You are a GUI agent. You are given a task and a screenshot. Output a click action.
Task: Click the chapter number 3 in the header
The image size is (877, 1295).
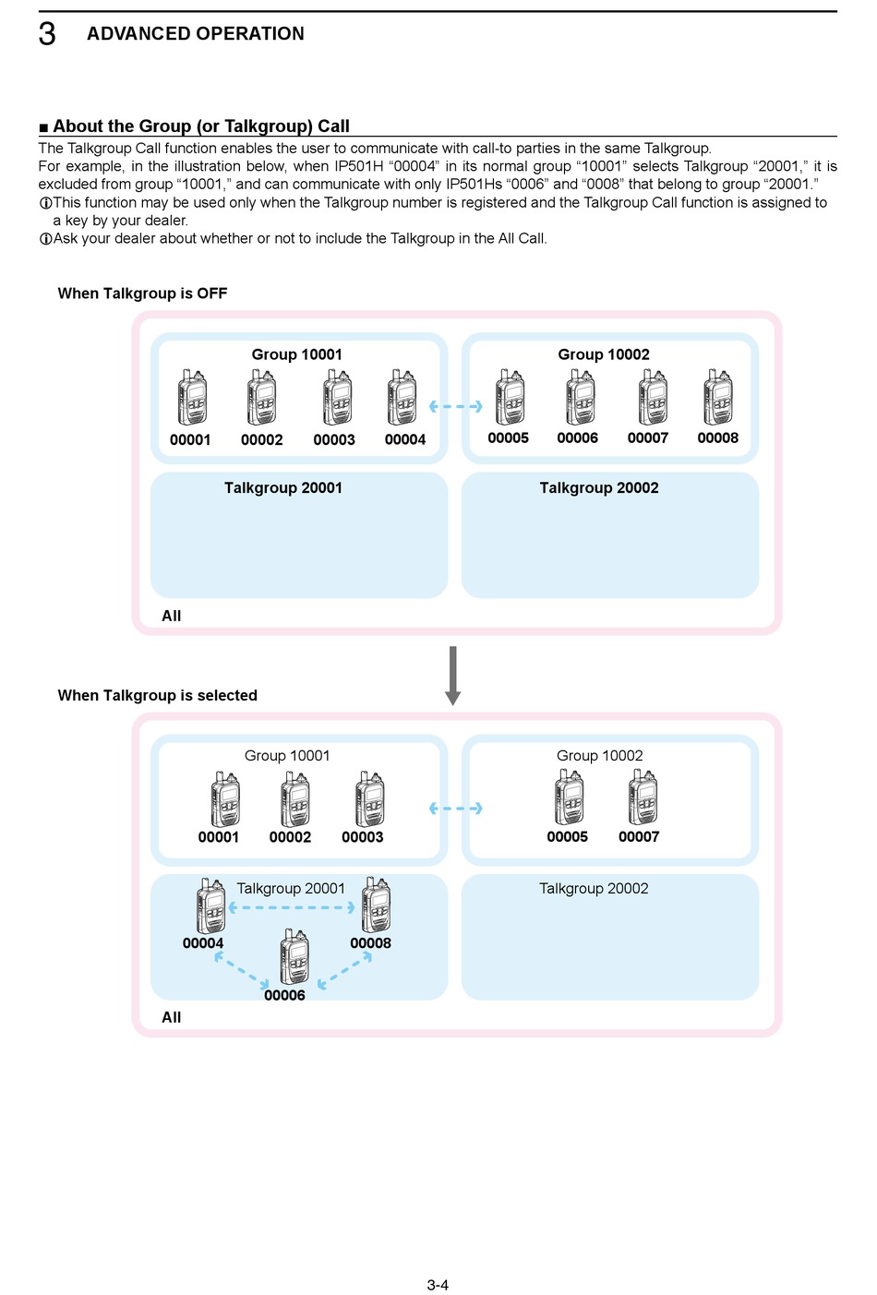pos(47,33)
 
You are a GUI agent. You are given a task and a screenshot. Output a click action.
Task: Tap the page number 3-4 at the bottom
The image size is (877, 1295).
pos(438,1285)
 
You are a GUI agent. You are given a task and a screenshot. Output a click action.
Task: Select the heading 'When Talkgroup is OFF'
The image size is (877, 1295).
pos(142,294)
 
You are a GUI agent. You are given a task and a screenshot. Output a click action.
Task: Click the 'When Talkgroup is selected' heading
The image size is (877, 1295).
pos(157,695)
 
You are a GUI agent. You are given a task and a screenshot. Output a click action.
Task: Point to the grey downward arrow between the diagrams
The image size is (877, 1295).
pos(452,676)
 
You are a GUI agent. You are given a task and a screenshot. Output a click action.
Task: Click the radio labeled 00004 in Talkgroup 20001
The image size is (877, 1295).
pos(211,905)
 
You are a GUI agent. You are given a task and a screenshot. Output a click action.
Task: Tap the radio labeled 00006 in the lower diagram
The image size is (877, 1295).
pos(294,957)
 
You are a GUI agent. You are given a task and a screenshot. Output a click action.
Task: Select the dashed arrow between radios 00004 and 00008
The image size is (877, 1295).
pos(292,907)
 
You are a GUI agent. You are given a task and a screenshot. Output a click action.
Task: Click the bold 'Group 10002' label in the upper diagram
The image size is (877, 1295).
pos(604,354)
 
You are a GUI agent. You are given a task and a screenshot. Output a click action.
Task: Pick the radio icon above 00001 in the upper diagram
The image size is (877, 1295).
pos(192,397)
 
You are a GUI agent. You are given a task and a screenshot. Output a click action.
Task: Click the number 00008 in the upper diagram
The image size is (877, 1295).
pos(717,438)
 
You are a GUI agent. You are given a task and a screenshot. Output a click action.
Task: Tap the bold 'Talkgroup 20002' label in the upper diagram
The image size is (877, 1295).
pos(599,488)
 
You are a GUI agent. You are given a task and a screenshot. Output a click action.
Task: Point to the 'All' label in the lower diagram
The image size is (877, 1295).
pos(171,1017)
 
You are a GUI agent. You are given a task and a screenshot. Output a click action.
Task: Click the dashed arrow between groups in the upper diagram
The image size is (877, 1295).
pos(455,406)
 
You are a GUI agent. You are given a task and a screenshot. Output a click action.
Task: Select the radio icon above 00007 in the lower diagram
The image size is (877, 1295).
pos(643,797)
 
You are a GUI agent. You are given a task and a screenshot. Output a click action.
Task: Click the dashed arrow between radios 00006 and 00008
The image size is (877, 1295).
pos(345,969)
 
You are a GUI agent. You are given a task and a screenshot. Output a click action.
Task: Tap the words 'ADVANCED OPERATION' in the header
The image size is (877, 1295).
pos(196,33)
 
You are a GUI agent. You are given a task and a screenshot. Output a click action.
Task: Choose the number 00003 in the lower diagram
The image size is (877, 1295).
pos(363,837)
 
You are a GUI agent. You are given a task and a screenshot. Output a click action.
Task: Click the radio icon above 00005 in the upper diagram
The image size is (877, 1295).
pos(510,397)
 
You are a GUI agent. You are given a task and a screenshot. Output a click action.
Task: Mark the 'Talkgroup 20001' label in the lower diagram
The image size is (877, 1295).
pos(291,889)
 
